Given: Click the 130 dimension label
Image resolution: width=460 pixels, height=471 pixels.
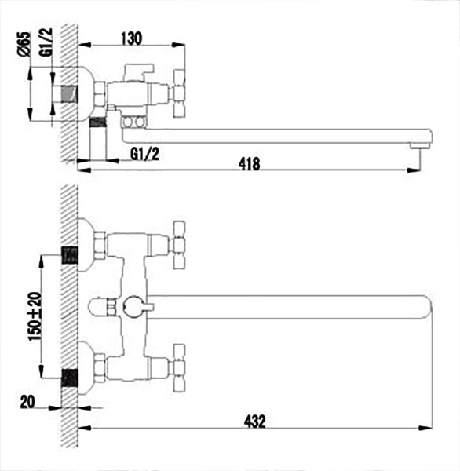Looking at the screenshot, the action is pos(132,38).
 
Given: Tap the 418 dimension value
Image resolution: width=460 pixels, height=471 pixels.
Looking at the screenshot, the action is pos(249,164).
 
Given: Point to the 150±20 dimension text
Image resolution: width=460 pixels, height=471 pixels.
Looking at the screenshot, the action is pos(35,316).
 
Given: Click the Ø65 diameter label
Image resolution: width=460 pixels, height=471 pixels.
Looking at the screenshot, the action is pos(24,44).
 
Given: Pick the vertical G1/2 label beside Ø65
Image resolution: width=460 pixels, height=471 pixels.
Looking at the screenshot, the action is pos(46,42).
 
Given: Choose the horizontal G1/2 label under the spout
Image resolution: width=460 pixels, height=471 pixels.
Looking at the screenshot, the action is pos(144,155).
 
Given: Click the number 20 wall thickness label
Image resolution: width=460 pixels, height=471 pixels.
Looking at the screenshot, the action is pos(27,402).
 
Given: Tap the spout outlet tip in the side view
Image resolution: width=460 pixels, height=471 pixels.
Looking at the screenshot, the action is pos(420,146).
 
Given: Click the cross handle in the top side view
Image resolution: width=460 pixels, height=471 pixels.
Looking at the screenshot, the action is pos(179,93).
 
